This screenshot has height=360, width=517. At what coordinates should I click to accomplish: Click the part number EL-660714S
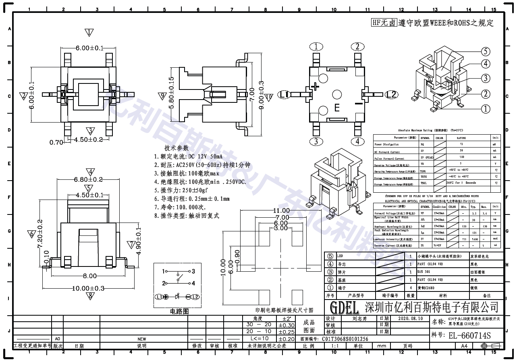click(470, 335)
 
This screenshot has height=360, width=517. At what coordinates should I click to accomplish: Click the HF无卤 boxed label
click(384, 23)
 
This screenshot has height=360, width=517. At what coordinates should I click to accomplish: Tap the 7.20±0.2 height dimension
click(39, 234)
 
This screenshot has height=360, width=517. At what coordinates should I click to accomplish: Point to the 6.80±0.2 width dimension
click(88, 179)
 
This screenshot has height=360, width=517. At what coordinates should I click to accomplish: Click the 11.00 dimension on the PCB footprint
click(281, 210)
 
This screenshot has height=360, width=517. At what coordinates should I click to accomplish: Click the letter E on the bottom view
click(337, 108)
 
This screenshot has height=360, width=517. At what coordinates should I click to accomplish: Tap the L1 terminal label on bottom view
click(285, 95)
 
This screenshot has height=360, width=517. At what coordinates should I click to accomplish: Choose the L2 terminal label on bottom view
click(391, 95)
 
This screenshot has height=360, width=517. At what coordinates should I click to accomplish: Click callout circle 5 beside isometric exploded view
click(486, 51)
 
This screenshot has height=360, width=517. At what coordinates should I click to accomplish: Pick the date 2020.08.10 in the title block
click(410, 318)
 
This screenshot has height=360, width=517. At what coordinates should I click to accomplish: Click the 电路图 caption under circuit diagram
click(179, 311)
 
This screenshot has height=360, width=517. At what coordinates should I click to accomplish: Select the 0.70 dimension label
click(56, 142)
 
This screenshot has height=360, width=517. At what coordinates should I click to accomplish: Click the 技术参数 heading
click(176, 148)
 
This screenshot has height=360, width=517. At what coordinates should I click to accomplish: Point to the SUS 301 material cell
click(424, 272)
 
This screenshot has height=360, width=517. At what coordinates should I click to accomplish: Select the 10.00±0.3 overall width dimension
click(88, 288)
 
